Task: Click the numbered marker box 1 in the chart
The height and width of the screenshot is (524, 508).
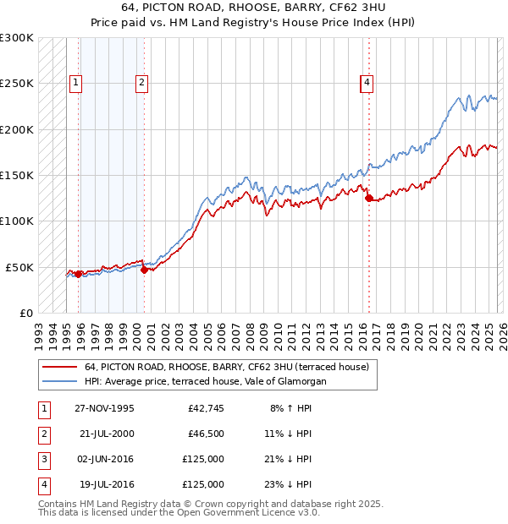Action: coord(76,83)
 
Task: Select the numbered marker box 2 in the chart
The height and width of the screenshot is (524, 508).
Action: coord(141,83)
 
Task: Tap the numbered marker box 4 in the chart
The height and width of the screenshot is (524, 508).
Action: coord(367,83)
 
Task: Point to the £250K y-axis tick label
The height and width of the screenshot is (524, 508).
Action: coord(17,84)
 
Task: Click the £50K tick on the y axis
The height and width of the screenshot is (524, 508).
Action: coord(19,267)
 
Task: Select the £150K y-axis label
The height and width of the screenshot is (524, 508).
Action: coord(17,176)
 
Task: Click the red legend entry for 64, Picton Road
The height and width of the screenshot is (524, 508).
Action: coord(226,368)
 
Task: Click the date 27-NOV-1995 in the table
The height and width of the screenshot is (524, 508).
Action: coord(104,408)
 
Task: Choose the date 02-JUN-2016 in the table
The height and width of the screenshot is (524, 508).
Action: coord(104,459)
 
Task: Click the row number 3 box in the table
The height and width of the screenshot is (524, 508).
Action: coord(41,459)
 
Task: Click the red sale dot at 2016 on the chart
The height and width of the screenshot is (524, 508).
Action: coord(368,199)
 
